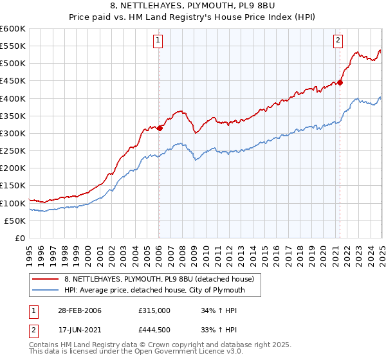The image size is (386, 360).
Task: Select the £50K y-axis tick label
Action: coord(15,221)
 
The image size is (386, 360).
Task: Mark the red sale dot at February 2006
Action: coord(160,128)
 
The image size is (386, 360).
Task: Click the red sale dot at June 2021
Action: coord(340,82)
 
